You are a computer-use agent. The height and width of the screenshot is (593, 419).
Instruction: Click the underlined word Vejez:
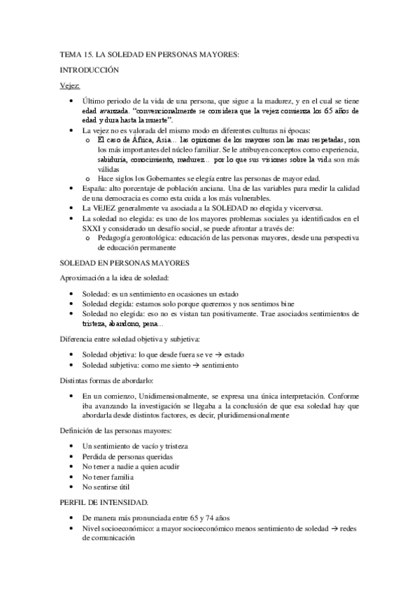pyautogui.click(x=70, y=85)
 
